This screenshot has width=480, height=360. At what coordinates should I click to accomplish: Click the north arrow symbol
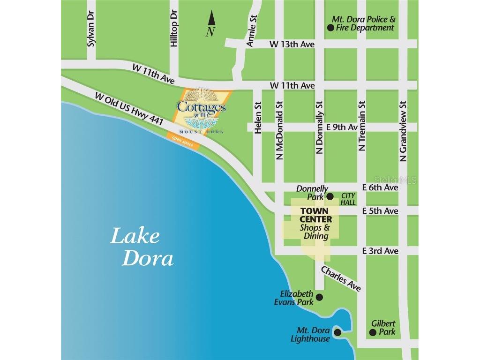[x=211, y=20]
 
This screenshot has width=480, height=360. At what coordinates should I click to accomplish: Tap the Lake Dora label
[x=142, y=247]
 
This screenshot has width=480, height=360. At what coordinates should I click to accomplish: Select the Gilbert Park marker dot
[x=373, y=332]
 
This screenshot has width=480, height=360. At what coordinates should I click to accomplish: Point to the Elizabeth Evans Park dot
[x=319, y=297]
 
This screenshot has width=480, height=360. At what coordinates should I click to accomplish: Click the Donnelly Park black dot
[x=330, y=196]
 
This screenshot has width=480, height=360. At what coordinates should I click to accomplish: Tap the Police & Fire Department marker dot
[x=330, y=28]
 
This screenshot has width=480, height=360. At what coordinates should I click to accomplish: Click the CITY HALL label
[x=349, y=199]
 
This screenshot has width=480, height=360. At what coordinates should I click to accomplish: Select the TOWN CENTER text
[x=316, y=215]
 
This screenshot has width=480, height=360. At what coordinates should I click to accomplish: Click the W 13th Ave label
[x=292, y=44]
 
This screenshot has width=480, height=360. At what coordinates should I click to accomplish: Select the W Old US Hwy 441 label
[x=128, y=108]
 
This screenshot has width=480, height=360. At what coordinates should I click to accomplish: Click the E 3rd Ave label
[x=380, y=251]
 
